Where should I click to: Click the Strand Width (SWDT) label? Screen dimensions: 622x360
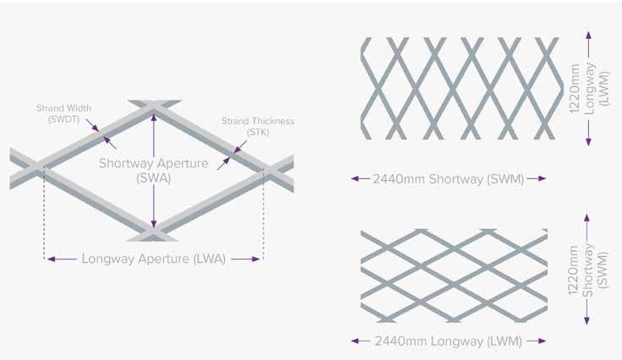(x=63, y=113)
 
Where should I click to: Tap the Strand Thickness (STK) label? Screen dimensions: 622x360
(x=258, y=126)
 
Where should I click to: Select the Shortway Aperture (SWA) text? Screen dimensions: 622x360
(x=153, y=170)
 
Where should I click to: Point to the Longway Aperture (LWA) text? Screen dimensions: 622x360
(x=154, y=259)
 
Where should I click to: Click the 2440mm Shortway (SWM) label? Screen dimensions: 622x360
(x=448, y=178)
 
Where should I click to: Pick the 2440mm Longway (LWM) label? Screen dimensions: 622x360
(x=449, y=341)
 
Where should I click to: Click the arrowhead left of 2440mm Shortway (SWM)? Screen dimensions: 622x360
(x=354, y=178)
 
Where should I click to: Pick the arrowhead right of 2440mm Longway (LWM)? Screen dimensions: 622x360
(x=543, y=341)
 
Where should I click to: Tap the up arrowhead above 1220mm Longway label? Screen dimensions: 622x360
(x=588, y=35)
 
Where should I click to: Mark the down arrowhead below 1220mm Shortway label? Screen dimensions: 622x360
(x=588, y=322)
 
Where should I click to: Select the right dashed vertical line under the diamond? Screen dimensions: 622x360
(x=264, y=215)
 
